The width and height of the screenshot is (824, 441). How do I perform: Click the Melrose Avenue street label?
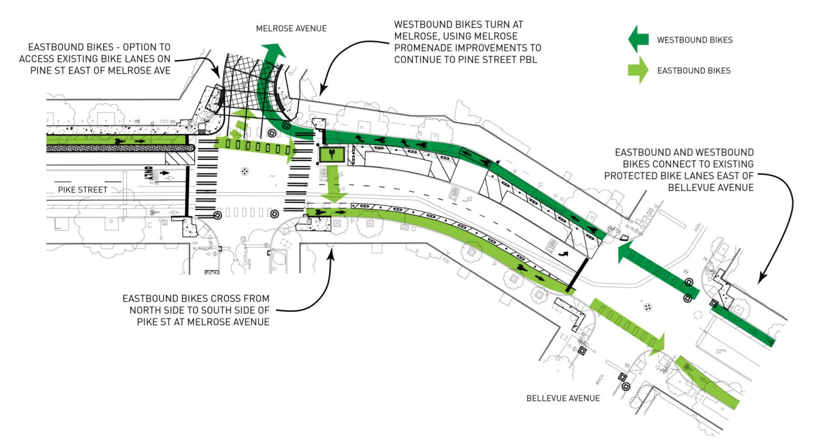click(291, 28)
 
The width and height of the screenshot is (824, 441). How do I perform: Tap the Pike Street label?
click(83, 190)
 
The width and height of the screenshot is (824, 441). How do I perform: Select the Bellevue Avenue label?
click(563, 398)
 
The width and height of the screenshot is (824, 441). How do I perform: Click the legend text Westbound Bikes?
click(695, 40)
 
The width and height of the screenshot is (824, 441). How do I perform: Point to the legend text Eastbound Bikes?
click(694, 71)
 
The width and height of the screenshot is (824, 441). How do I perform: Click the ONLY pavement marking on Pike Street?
click(148, 175)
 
